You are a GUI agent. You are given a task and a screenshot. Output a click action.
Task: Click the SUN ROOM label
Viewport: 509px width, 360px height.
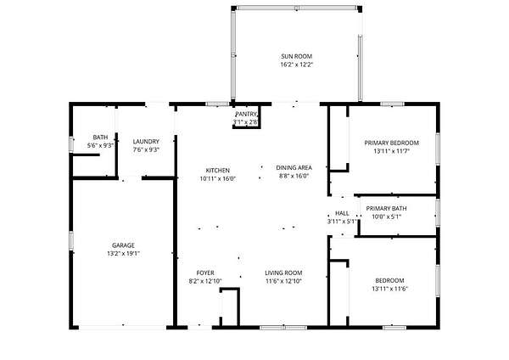point(296,56)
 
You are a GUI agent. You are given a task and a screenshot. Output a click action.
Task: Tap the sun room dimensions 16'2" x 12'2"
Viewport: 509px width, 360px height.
point(296,65)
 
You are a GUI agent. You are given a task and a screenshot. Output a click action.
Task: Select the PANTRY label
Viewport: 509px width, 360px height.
point(246,114)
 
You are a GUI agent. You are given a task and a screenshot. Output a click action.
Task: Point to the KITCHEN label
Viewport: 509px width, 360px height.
point(217,171)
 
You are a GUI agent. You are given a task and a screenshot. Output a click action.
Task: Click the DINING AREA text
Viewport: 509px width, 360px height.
point(294,167)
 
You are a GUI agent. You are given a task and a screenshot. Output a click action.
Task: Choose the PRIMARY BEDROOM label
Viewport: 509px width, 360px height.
point(391,143)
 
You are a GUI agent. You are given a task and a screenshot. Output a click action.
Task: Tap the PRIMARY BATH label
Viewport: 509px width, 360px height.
point(386,208)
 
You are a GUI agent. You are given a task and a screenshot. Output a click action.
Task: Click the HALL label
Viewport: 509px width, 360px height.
point(342,213)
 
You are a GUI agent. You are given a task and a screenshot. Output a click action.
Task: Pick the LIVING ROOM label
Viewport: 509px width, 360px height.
point(283,273)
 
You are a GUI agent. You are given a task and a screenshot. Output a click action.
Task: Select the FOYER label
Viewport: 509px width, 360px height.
point(205,273)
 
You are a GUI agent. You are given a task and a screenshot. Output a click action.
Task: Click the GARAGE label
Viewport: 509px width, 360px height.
point(123,245)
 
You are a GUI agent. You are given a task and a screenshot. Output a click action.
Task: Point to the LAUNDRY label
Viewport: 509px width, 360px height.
point(146,142)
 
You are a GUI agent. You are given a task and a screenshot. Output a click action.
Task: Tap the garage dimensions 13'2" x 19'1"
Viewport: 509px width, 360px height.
point(123,254)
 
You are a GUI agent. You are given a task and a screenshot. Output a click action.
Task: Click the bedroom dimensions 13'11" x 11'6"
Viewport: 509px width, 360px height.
point(389,289)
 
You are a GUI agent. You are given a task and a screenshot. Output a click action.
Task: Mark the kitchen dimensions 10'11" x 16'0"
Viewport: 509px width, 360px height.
point(217,178)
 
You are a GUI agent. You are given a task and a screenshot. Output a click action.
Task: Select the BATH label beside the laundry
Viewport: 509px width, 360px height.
point(100,138)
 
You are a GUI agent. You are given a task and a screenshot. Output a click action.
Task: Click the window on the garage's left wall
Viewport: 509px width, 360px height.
point(71,240)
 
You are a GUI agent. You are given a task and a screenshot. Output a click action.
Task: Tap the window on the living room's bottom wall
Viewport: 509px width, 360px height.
point(283,328)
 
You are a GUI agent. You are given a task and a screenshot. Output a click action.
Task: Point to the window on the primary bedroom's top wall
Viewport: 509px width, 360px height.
point(392,104)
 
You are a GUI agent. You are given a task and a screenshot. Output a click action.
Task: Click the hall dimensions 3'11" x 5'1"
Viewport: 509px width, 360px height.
point(342,222)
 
